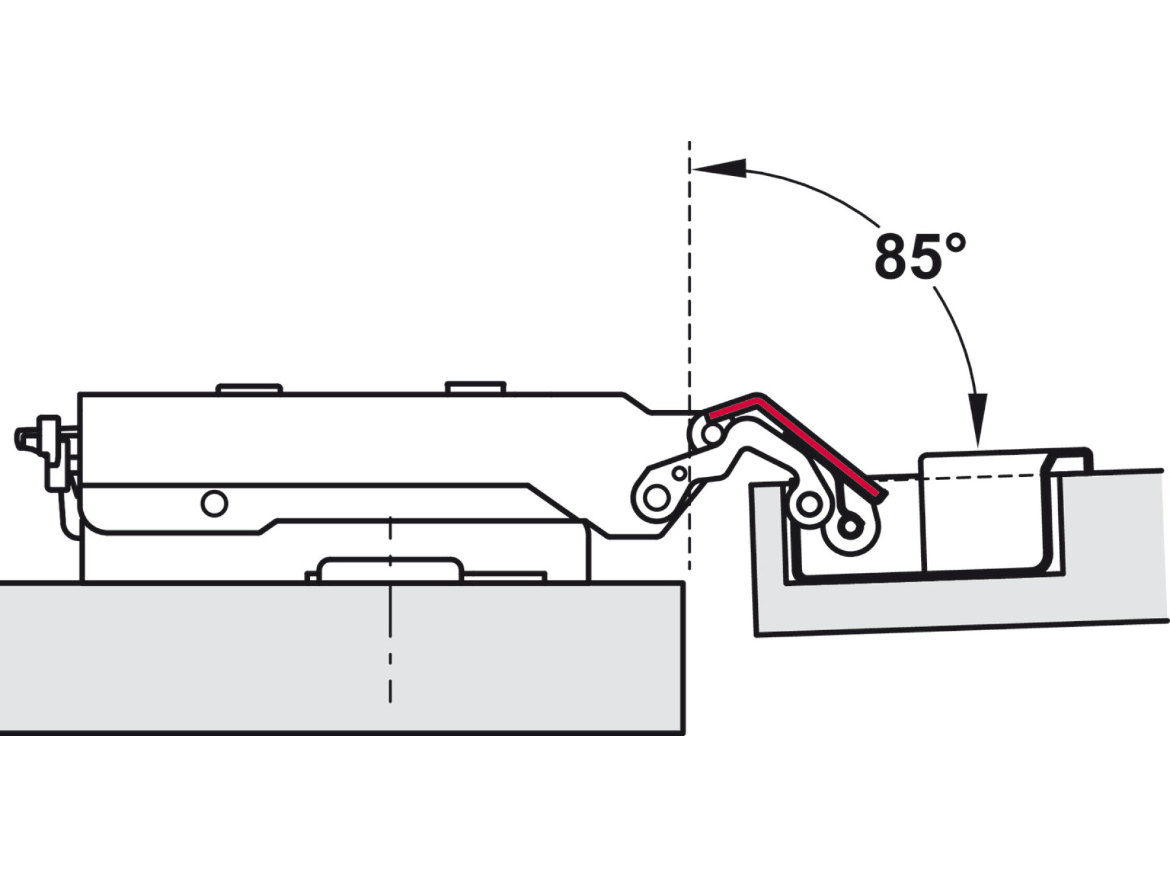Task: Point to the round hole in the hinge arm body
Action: pos(214,503)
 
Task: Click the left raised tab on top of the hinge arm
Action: pos(249,388)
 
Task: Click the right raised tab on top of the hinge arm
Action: pos(475,387)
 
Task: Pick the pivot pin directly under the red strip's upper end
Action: pos(712,433)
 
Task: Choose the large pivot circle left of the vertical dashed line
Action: pos(656,498)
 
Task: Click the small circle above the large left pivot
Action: pos(679,473)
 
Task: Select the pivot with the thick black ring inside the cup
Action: pos(850,526)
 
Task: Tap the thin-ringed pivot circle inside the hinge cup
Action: pos(810,503)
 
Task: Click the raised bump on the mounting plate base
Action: pos(391,568)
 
